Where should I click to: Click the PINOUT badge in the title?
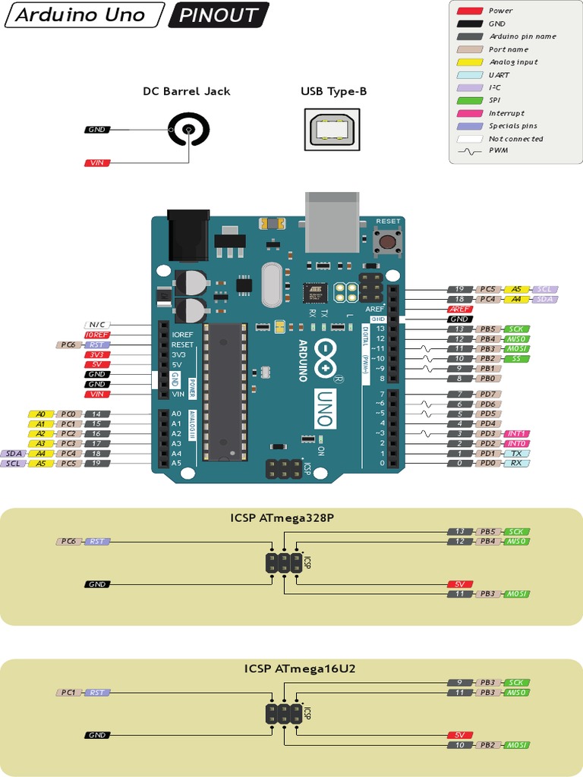click(219, 14)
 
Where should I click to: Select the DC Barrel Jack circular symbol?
click(187, 131)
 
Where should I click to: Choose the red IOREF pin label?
click(96, 335)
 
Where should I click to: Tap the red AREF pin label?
click(460, 310)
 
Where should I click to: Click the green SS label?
click(516, 358)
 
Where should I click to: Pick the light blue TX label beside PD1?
click(516, 453)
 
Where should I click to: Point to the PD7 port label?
click(488, 394)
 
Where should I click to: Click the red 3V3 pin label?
click(96, 354)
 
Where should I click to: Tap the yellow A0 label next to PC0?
click(40, 414)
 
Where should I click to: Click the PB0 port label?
click(488, 378)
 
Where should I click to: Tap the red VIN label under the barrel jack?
click(96, 162)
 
